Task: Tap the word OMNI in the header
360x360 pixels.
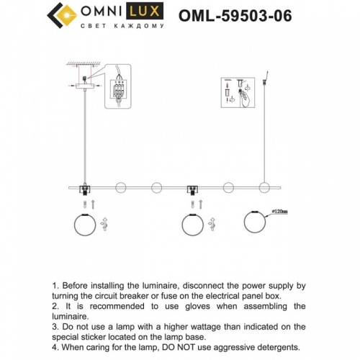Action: coord(107,12)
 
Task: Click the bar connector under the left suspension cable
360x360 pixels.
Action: coord(84,189)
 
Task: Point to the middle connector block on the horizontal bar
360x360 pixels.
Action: coord(192,189)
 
